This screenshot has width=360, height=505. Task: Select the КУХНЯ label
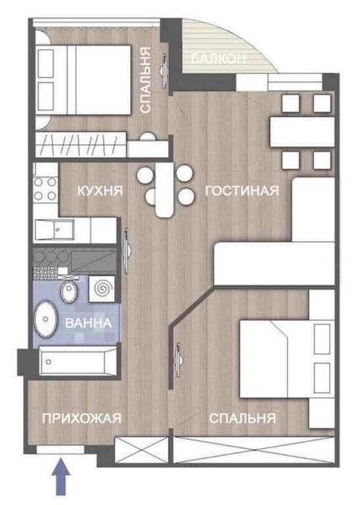coord(101,191)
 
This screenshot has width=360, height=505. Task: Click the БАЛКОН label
coord(218,59)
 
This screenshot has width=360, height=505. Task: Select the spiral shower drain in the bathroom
coord(102,288)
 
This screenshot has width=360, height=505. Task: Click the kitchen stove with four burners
coord(44,187)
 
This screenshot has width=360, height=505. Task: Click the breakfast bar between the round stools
coord(166,190)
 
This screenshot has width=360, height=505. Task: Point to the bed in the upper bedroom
coord(83,80)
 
